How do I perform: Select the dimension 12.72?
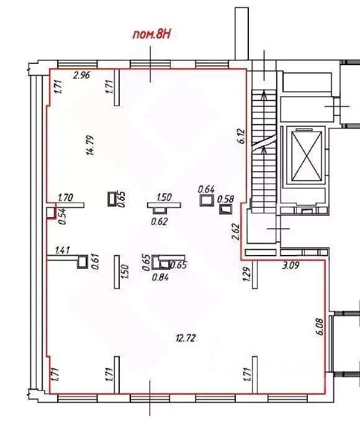184,338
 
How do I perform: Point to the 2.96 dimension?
82,76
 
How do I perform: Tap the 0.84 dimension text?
161,277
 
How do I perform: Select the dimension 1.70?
65,199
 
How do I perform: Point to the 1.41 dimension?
63,251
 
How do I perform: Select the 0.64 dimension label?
206,189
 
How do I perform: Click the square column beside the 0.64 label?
206,200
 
